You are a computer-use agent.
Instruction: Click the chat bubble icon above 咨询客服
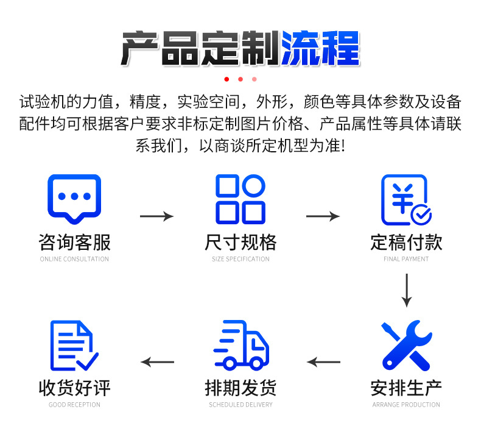point(74,198)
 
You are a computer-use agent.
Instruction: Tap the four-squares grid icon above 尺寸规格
point(240,199)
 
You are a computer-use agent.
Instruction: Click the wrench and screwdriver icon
point(406,345)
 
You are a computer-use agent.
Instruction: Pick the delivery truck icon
point(241,346)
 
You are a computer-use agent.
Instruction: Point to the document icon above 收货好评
point(74,345)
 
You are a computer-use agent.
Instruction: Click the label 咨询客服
point(74,243)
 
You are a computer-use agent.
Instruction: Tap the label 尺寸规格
point(240,243)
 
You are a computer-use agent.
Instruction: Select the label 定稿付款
point(406,243)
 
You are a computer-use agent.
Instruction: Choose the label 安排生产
point(406,388)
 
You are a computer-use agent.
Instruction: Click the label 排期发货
point(240,388)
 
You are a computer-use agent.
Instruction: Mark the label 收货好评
point(74,388)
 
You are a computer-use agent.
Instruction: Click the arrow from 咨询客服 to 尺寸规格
point(157,216)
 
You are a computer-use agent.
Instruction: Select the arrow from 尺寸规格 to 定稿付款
point(323,216)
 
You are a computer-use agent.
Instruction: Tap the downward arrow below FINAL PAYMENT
point(407,291)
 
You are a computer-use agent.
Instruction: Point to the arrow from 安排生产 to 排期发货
point(323,362)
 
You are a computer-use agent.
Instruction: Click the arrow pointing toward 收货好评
point(158,362)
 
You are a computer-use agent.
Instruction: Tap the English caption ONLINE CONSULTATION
point(74,259)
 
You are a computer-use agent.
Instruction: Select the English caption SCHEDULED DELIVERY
point(240,405)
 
